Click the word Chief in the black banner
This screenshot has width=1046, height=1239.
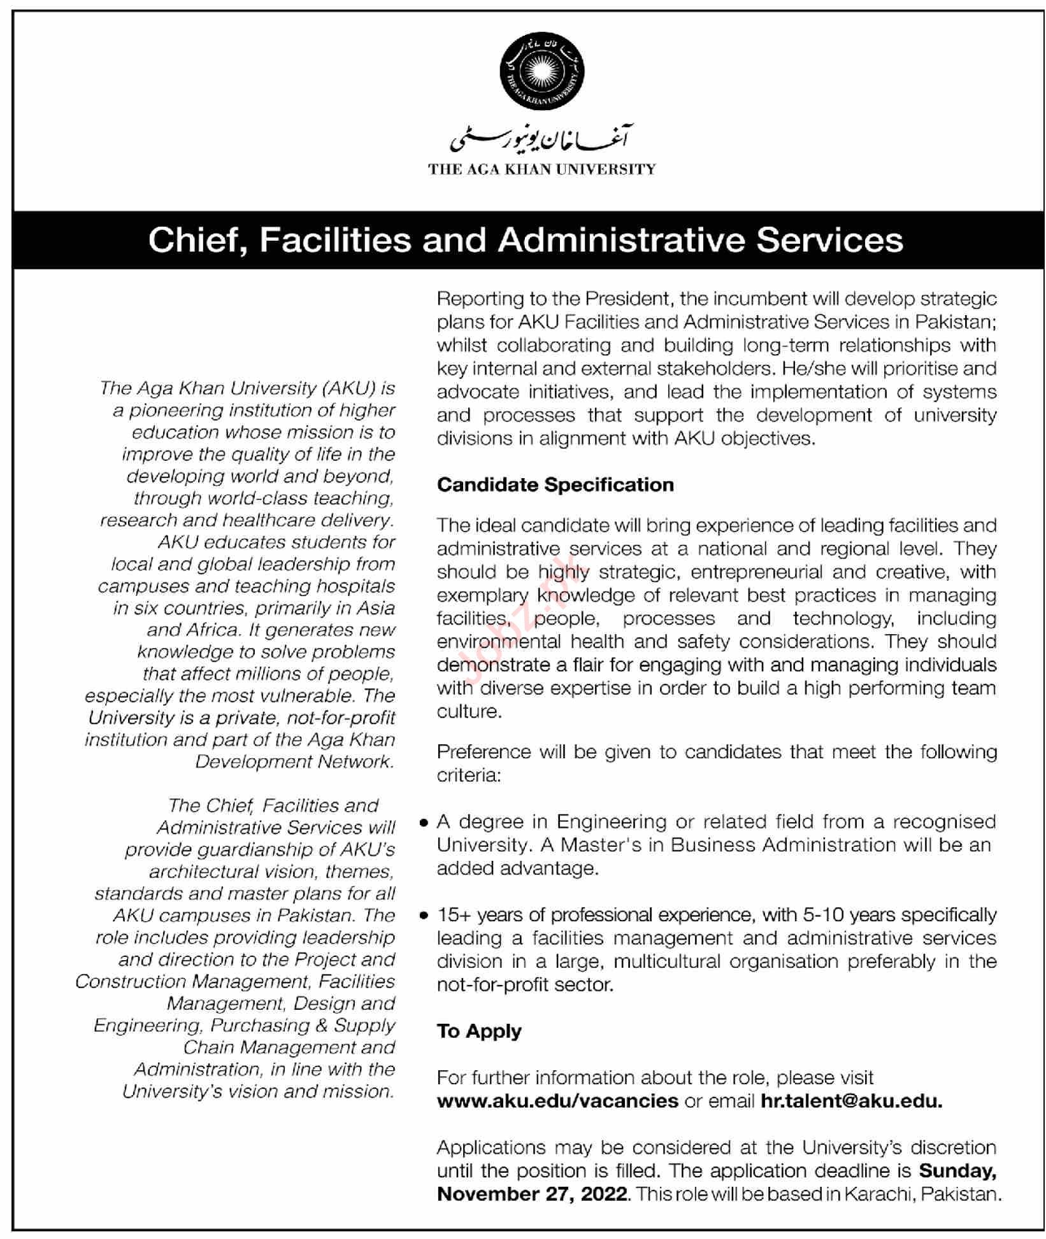tap(194, 241)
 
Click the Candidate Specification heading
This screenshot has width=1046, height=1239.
tap(555, 485)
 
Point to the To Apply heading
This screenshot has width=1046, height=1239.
tap(479, 1031)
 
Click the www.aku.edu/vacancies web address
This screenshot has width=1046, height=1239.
tap(557, 1101)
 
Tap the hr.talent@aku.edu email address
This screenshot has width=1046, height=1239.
tap(851, 1101)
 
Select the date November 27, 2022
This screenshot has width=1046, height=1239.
tap(532, 1194)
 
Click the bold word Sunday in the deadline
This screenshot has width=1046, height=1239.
tap(957, 1170)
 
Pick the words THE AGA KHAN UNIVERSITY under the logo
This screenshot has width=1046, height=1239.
tap(541, 169)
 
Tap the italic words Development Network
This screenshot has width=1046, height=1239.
tap(294, 762)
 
